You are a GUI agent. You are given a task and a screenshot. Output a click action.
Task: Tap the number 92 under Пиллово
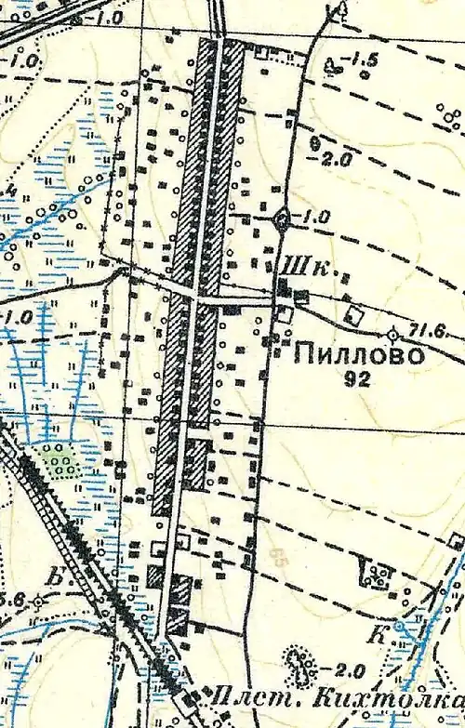click(357, 378)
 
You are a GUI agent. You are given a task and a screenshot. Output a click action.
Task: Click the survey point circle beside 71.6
click(393, 333)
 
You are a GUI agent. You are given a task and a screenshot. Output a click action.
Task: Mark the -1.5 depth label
click(362, 61)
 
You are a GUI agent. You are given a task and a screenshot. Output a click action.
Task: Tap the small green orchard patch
click(61, 460)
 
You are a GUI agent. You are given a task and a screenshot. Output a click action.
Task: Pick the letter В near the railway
click(57, 578)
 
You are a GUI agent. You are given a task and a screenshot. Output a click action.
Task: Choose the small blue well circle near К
click(398, 626)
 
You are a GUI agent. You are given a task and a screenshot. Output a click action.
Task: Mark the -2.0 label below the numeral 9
click(336, 159)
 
